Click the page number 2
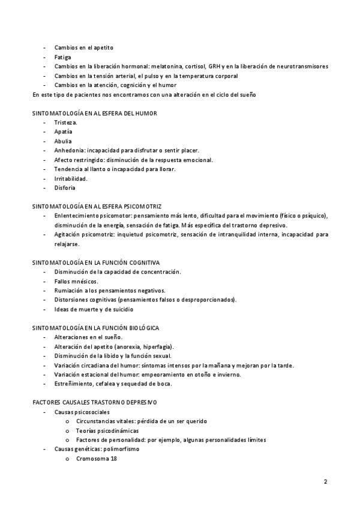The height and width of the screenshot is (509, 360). tap(325, 481)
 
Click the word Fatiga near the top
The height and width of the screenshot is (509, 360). tap(62, 57)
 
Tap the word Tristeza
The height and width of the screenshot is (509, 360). tap(65, 122)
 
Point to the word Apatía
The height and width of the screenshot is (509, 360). tap(63, 131)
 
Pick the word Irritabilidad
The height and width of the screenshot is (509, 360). tap(71, 178)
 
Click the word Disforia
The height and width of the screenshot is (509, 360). tap(64, 187)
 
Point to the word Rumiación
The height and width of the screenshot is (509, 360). tap(68, 291)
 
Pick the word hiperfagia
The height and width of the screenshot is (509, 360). tap(157, 346)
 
